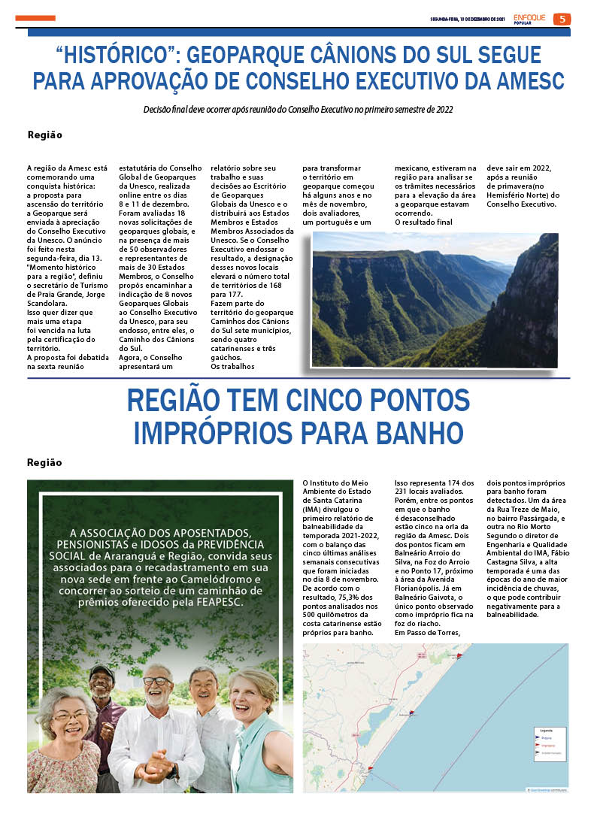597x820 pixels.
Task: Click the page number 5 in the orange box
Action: click(x=562, y=19)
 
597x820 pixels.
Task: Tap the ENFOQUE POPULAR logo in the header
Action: click(x=531, y=19)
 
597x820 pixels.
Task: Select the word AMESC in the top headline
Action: click(x=520, y=80)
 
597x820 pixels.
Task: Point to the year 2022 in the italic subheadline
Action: click(x=442, y=110)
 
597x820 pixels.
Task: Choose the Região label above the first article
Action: click(x=44, y=135)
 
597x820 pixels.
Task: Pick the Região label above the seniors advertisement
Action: click(x=44, y=462)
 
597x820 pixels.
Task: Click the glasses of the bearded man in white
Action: click(x=156, y=681)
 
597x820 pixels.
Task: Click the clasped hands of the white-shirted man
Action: click(x=154, y=768)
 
